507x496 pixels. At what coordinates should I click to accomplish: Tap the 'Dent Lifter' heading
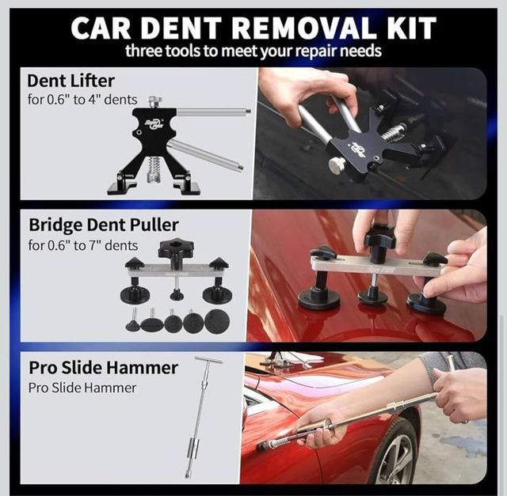pos(71,81)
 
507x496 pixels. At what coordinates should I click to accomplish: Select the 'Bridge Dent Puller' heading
pos(103,225)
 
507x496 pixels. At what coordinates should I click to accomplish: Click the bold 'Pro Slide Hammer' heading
pos(103,368)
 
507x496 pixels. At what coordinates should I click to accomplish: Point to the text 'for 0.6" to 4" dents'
pos(82,100)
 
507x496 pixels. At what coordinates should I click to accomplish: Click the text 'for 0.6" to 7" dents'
pos(82,245)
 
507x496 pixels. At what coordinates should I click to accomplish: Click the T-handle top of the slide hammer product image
pos(208,361)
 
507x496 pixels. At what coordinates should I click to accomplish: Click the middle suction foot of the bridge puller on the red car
pos(373,295)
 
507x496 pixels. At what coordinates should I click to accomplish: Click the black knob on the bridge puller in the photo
pos(381,237)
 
